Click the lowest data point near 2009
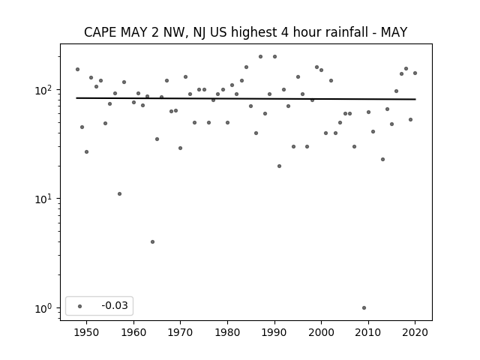(364, 308)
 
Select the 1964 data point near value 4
(152, 241)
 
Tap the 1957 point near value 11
(120, 193)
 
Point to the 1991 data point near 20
(279, 166)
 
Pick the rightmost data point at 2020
(415, 73)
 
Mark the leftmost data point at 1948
(77, 70)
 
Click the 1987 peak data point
(260, 57)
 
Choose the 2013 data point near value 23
(382, 160)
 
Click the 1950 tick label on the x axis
(87, 332)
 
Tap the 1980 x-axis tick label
(227, 332)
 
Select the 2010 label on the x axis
(368, 332)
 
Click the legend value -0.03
(115, 305)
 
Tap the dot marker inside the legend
(80, 306)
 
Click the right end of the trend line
(415, 99)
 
